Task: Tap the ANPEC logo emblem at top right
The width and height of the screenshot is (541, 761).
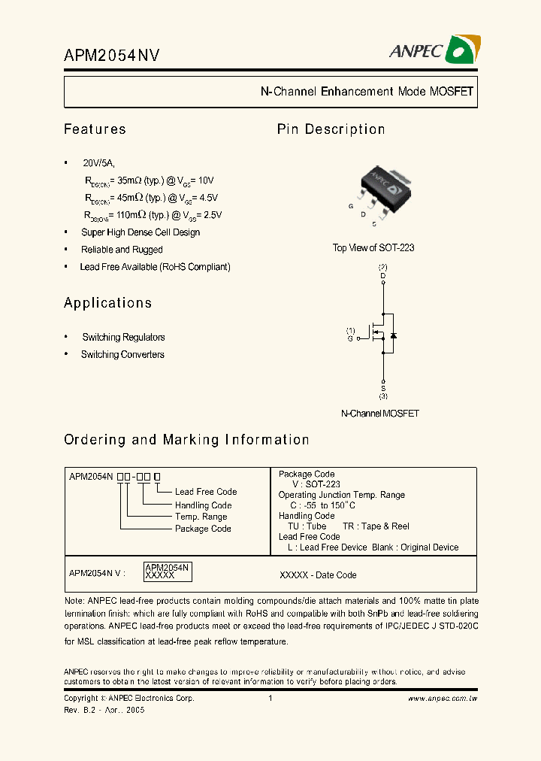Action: (x=461, y=50)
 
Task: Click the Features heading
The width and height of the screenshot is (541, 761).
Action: (x=95, y=129)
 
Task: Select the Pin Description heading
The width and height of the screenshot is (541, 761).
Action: (x=331, y=129)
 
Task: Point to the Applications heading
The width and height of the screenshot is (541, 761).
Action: (x=107, y=303)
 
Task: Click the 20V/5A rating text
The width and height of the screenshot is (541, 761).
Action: (x=99, y=163)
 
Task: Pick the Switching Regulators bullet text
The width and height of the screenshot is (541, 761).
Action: (x=123, y=338)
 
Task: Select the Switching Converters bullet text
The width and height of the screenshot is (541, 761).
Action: (x=122, y=355)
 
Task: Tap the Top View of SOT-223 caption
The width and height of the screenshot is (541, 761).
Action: (x=373, y=247)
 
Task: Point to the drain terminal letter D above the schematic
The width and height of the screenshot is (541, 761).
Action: (x=383, y=276)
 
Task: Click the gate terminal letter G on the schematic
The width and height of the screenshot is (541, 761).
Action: (x=350, y=339)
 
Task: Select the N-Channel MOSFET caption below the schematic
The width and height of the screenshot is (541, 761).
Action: (x=379, y=414)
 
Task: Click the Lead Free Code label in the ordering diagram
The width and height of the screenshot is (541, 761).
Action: (x=206, y=492)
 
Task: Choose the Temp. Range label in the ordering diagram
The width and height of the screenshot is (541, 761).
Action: (x=201, y=517)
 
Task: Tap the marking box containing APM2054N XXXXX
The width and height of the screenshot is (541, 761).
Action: (x=168, y=572)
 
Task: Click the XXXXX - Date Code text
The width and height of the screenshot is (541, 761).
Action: (x=318, y=575)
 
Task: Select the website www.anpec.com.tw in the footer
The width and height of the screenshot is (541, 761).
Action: (x=443, y=699)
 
